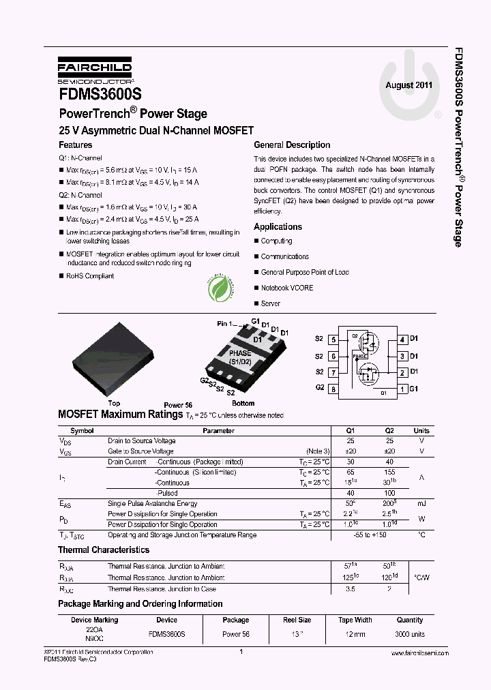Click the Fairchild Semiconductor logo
click(x=94, y=70)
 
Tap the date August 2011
click(x=408, y=85)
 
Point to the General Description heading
click(x=292, y=145)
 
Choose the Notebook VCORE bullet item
click(x=287, y=288)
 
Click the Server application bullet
click(x=270, y=303)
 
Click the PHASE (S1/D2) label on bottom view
click(x=240, y=358)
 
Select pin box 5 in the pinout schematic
click(x=333, y=339)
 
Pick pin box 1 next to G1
click(x=403, y=389)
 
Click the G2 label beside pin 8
click(x=319, y=387)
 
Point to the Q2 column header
click(x=389, y=431)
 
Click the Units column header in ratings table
click(x=421, y=431)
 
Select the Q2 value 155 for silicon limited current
click(x=389, y=472)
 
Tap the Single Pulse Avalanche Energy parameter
click(x=152, y=504)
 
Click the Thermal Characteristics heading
click(x=104, y=550)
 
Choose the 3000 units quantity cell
click(x=410, y=634)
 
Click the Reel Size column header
click(x=297, y=620)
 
